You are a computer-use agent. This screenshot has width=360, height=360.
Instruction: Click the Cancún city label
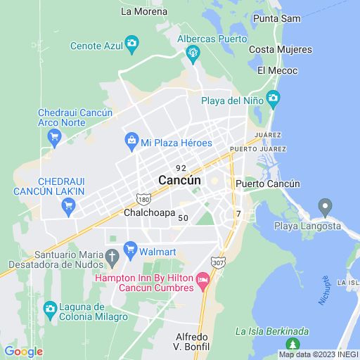pos(179,180)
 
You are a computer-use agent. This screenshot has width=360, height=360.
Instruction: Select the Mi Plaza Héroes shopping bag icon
pos(131,143)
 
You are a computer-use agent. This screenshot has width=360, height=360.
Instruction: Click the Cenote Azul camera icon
pos(131,46)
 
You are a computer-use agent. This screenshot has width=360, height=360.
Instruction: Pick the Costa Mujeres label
pos(280,49)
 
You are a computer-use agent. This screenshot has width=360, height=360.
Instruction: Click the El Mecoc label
pos(277,70)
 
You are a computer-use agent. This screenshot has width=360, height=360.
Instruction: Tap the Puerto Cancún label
pos(268,184)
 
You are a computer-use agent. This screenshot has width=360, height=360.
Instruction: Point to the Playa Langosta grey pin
pos(324,207)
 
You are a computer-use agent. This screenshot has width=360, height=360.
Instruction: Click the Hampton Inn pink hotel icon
pos(203,283)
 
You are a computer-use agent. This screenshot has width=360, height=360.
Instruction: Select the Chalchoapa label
pos(149,212)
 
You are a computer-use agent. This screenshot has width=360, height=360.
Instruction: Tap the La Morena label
pos(144,11)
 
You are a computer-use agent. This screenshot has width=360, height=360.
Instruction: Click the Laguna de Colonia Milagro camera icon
pos(50,308)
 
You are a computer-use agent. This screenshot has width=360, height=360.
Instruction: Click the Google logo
pos(23,352)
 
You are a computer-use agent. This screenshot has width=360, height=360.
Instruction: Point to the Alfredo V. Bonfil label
pos(192,342)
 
